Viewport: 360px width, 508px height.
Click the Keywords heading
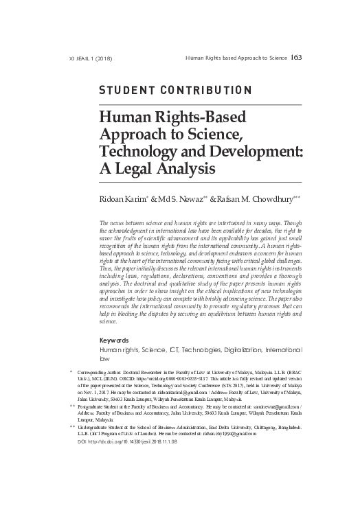pos(115,340)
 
